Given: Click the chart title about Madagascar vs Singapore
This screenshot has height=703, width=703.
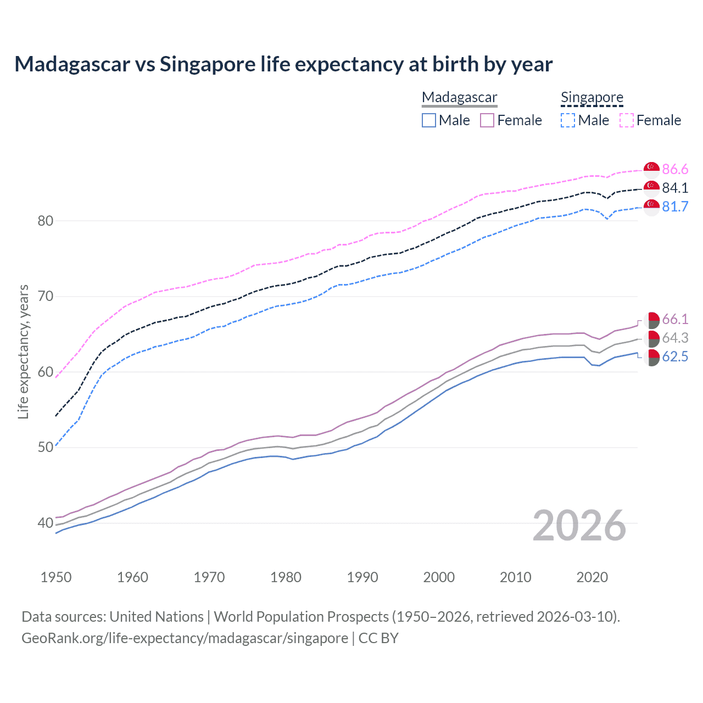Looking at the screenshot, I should [x=283, y=64].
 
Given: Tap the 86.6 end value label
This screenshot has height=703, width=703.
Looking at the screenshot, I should [x=675, y=169].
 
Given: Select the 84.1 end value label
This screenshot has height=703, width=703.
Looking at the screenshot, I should [x=675, y=188].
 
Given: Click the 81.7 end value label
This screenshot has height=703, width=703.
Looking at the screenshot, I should [x=675, y=207].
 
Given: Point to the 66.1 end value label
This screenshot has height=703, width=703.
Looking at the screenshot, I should [x=675, y=319].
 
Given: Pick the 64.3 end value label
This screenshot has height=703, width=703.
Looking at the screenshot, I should [x=675, y=338].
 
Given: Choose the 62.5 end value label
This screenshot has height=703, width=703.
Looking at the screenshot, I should [x=675, y=356].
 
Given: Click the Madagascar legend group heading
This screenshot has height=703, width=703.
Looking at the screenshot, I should [x=460, y=97].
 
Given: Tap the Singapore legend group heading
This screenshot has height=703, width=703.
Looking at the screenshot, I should [x=592, y=97].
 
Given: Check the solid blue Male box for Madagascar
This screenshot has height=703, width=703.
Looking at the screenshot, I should [x=429, y=120].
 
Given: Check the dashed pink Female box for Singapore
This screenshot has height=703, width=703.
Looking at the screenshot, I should [x=627, y=120].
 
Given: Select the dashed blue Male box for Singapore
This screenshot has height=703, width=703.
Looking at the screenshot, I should [x=568, y=120].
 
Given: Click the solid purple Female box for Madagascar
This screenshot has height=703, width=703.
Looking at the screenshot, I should [x=487, y=120].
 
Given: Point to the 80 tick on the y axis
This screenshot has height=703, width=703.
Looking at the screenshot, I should [x=45, y=221].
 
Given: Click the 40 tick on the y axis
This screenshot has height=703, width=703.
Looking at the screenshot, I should [x=45, y=523].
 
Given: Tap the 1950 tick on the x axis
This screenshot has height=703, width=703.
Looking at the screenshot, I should [x=56, y=577].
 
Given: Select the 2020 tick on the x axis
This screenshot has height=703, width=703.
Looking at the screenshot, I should [x=592, y=577].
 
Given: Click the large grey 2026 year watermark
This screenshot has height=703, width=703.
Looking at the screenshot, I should [x=579, y=526].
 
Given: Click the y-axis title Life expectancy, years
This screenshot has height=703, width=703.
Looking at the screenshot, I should [x=24, y=351].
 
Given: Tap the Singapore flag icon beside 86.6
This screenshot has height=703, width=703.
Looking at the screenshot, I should [x=651, y=169].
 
